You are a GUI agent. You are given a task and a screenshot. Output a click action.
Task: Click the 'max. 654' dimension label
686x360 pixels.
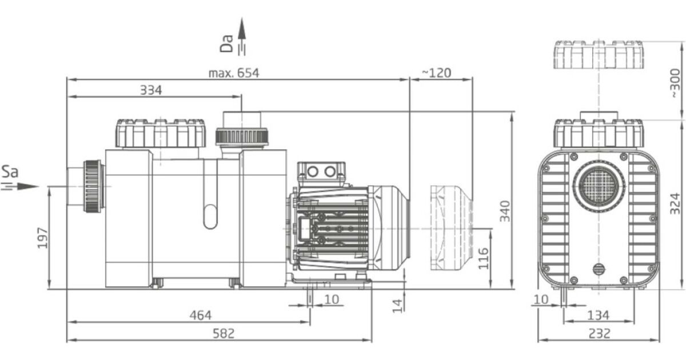pos(234,73)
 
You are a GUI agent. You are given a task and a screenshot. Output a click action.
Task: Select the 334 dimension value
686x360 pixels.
pos(151,90)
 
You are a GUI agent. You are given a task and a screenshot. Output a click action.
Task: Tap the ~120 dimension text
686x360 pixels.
pos(436,73)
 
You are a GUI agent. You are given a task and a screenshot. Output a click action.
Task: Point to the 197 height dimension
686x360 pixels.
pos(42,238)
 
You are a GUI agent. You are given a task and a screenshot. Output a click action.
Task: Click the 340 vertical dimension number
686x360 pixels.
pos(505,211)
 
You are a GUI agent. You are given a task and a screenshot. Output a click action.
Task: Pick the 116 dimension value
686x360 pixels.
pos(483,259)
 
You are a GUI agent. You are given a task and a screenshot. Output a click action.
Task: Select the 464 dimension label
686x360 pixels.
pos(201,315)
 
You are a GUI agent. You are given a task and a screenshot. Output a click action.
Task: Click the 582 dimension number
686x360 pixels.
pos(224,333)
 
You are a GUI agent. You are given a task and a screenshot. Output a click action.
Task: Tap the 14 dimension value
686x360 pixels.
pos(397,306)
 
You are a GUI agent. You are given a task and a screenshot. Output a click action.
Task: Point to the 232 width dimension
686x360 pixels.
pos(599,333)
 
